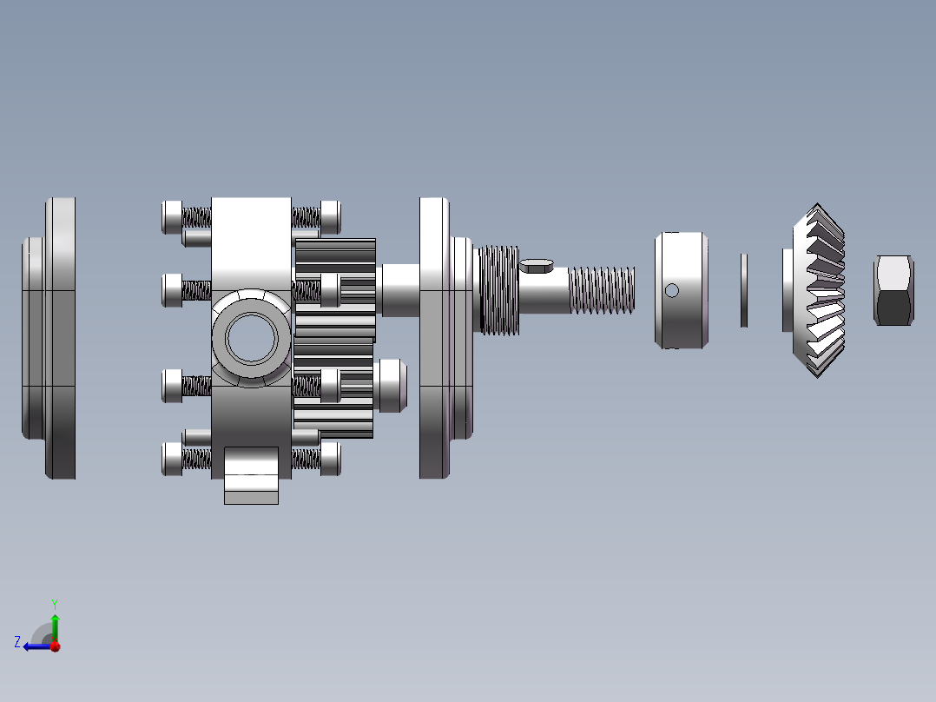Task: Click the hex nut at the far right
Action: [x=893, y=290]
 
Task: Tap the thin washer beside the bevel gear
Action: [x=744, y=290]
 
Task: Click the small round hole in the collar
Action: [x=671, y=290]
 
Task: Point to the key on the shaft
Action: [x=537, y=265]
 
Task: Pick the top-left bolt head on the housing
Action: [x=172, y=216]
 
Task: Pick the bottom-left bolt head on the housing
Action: [x=172, y=458]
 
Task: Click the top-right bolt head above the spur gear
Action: [x=330, y=215]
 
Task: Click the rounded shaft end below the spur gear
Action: [x=392, y=385]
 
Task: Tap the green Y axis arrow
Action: [x=55, y=623]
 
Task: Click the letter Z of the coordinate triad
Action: [x=17, y=642]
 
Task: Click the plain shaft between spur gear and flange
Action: [x=399, y=290]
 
